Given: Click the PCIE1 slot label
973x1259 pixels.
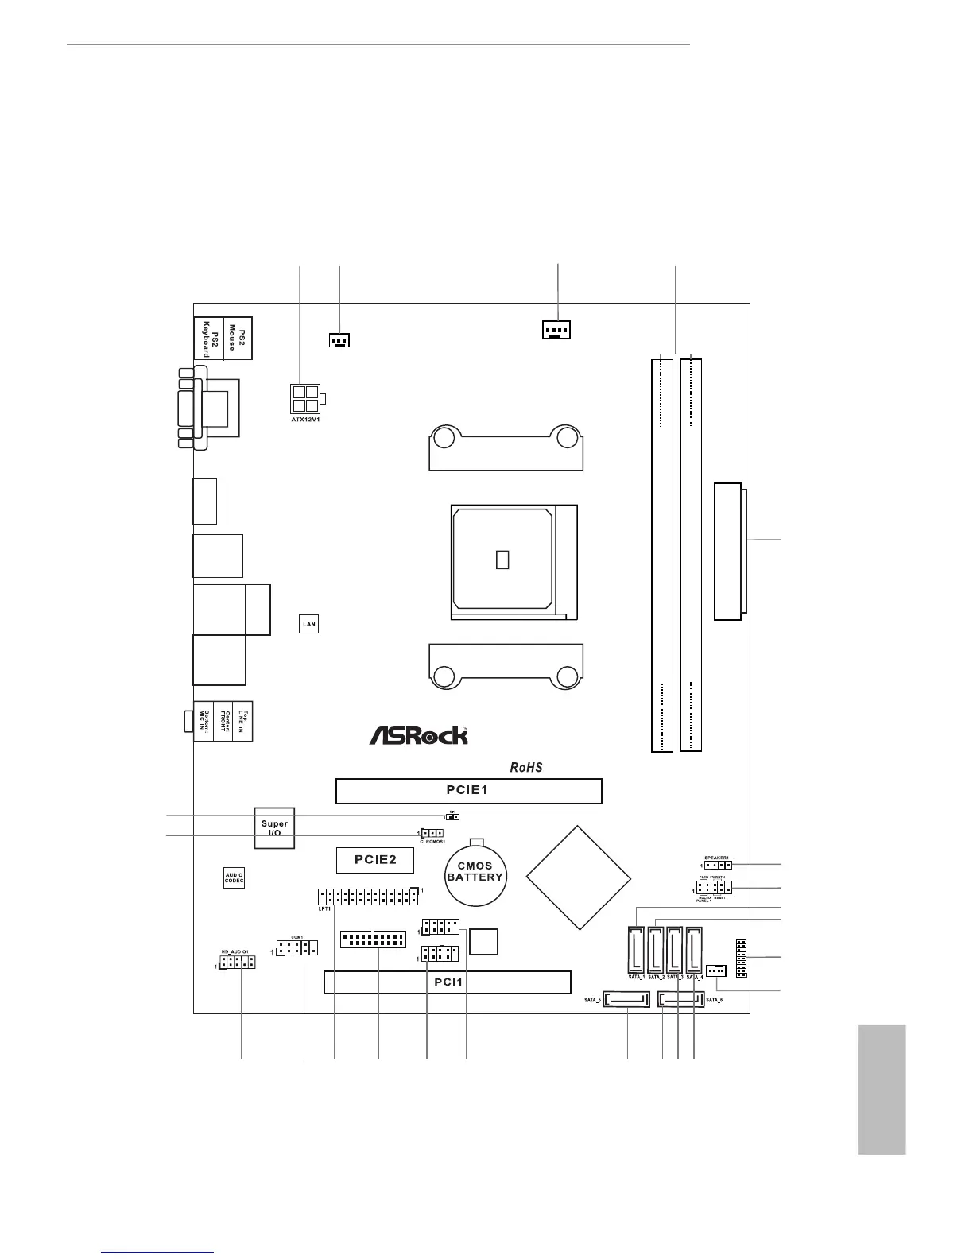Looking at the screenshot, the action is click(x=468, y=791).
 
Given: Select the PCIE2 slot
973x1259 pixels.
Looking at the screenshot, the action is click(x=374, y=859).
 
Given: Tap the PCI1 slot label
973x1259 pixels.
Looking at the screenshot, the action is click(x=447, y=982).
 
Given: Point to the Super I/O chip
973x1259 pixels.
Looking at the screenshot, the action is click(x=274, y=828).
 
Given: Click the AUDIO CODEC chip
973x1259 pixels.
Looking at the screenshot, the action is click(x=234, y=877).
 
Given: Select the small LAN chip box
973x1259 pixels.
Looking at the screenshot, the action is click(x=308, y=624).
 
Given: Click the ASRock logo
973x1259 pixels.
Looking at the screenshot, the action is click(x=418, y=735).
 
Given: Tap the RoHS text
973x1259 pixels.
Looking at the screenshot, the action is click(x=526, y=768).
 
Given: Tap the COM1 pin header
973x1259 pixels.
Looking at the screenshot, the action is click(x=297, y=947).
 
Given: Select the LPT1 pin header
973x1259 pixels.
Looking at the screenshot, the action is click(x=366, y=897).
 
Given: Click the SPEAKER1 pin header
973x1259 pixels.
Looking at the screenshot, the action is click(x=717, y=865).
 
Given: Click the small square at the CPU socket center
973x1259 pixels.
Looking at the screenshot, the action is click(x=502, y=560).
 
